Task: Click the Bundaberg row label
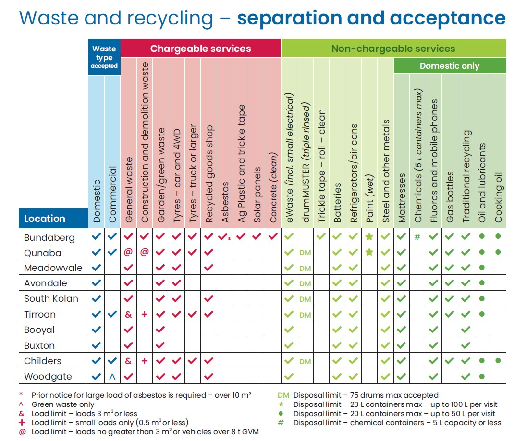point(49,237)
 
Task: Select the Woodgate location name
point(49,377)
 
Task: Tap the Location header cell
point(45,219)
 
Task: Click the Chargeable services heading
point(200,49)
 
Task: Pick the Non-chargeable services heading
point(393,49)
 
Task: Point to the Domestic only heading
point(449,66)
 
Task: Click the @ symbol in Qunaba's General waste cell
point(128,253)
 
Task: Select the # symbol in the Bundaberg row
point(417,237)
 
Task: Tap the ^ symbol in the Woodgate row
point(112,377)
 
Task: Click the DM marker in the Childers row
point(305,361)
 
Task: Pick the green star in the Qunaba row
point(369,252)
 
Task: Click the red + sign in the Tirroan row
point(144,314)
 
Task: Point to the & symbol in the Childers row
point(128,361)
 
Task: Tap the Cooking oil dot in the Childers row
point(498,361)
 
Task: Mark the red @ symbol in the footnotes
point(22,432)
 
